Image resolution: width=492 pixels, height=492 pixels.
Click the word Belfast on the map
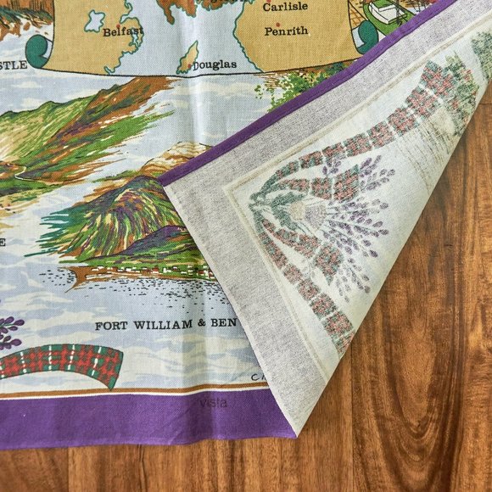coord(123,32)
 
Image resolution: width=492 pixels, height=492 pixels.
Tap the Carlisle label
coord(284,7)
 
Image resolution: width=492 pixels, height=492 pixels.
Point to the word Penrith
coord(285,31)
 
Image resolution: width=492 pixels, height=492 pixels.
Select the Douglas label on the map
coord(208,64)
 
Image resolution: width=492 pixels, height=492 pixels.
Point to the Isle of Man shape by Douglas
coord(187,57)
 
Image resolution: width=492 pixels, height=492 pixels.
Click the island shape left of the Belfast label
coord(95,20)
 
